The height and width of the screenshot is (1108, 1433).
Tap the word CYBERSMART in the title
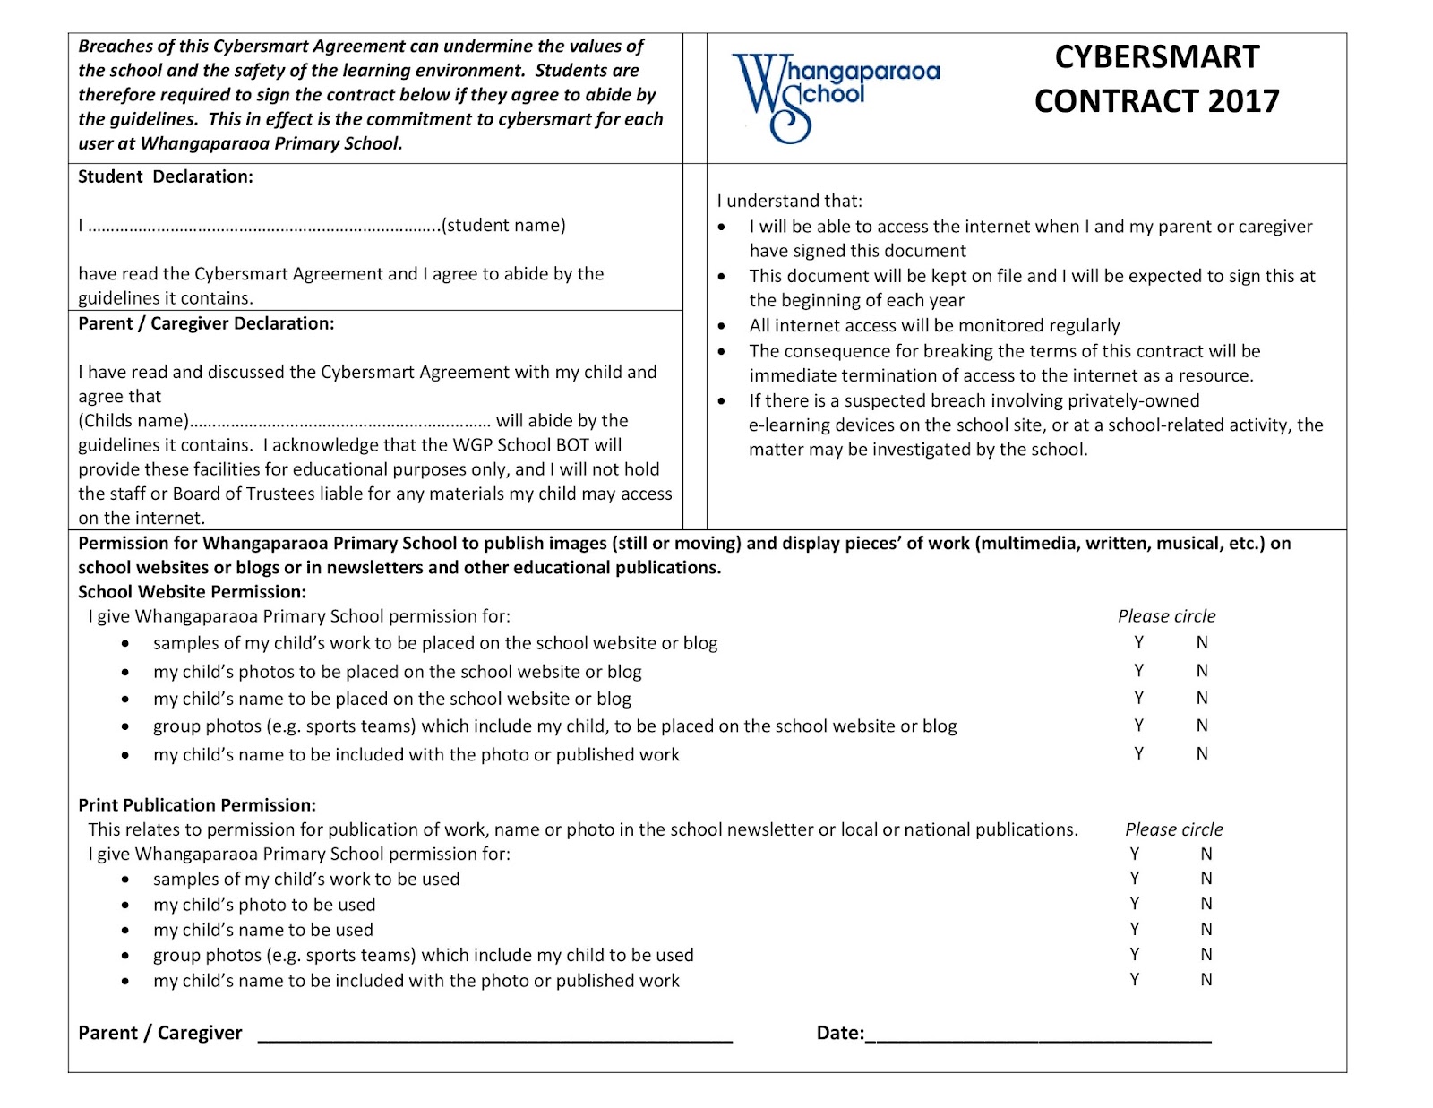pos(1156,56)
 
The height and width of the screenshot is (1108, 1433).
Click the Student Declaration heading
pos(166,176)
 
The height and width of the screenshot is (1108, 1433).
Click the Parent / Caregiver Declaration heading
pos(206,323)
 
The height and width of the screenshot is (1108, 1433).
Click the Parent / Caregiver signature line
pos(494,1039)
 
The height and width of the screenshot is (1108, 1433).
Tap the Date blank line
pos(1039,1039)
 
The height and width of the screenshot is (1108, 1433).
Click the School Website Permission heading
pos(192,592)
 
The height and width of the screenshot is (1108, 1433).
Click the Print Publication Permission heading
pos(197,805)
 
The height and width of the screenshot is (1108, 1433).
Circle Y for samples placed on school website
pos(1139,642)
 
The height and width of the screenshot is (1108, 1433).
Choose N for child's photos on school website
pos(1202,671)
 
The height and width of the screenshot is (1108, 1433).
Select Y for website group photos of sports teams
pos(1139,726)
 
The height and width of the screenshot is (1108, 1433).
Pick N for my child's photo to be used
pos(1206,904)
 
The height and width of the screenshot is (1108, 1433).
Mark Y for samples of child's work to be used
pos(1135,879)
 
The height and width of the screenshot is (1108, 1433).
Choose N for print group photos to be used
pos(1206,955)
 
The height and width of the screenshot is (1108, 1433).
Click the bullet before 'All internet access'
pos(722,326)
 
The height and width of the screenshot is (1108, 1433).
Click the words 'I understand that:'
pos(789,202)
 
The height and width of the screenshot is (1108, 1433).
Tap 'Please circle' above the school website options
pos(1166,616)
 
